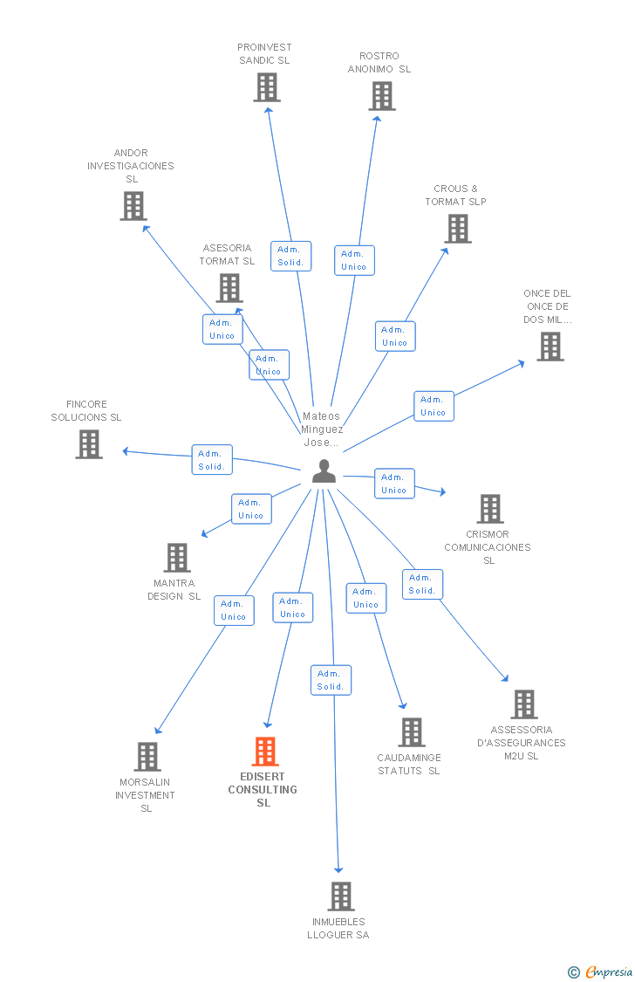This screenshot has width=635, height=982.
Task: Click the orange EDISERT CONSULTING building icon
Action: [x=265, y=752]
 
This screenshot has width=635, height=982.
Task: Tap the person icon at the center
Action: [x=324, y=471]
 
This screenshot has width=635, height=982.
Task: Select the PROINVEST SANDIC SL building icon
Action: [x=267, y=87]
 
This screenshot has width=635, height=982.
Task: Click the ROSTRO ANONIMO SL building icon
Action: [x=382, y=96]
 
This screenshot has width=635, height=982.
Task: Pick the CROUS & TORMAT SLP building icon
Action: [x=458, y=229]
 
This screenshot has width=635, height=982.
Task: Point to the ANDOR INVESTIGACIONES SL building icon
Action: [x=133, y=206]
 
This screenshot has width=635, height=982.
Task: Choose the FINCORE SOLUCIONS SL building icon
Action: [x=89, y=444]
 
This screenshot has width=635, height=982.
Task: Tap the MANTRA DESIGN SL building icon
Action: [x=177, y=558]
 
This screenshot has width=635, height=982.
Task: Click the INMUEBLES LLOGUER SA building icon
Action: [x=340, y=896]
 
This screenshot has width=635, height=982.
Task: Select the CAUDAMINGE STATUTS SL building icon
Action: [x=412, y=732]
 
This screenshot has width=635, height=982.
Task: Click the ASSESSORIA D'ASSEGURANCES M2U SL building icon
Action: [x=523, y=704]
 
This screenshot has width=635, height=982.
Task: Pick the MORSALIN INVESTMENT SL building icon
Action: [x=147, y=757]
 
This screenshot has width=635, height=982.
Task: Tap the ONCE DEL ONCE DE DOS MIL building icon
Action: [x=550, y=347]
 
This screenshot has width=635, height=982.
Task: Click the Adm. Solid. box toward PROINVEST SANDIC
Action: [x=290, y=256]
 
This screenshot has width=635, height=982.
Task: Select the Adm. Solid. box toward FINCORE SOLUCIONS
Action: [x=212, y=460]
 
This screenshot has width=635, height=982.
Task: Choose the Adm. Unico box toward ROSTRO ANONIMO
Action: [x=354, y=260]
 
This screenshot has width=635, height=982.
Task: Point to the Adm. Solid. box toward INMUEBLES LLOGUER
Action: [x=331, y=680]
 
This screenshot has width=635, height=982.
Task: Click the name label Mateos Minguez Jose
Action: [x=322, y=429]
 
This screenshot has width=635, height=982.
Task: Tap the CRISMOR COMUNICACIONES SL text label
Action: [x=488, y=547]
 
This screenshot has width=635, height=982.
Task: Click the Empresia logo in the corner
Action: [x=602, y=972]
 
